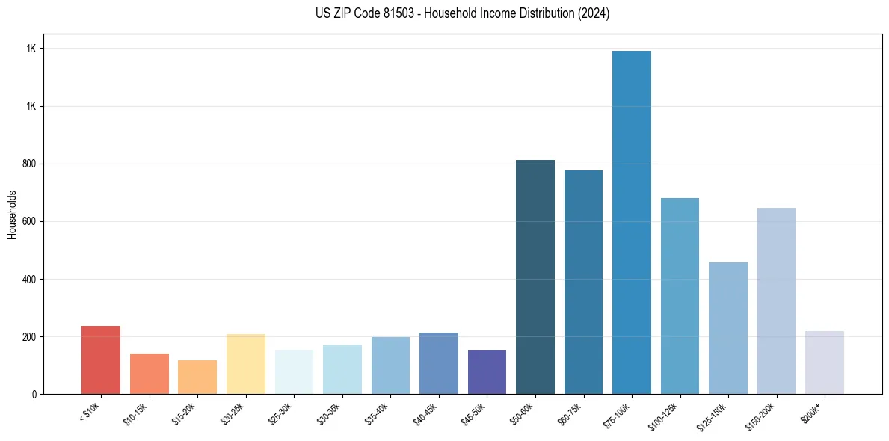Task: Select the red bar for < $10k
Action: tap(101, 360)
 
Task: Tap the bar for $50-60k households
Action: tap(535, 277)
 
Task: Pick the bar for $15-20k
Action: tap(197, 377)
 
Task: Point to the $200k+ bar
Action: tap(825, 363)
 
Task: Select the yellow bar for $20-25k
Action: tap(246, 364)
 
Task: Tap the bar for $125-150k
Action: tap(728, 328)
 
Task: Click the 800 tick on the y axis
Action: tap(29, 164)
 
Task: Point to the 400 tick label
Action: tap(29, 280)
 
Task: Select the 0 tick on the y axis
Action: tap(34, 395)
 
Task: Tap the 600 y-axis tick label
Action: tap(29, 222)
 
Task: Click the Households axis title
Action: tap(12, 214)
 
